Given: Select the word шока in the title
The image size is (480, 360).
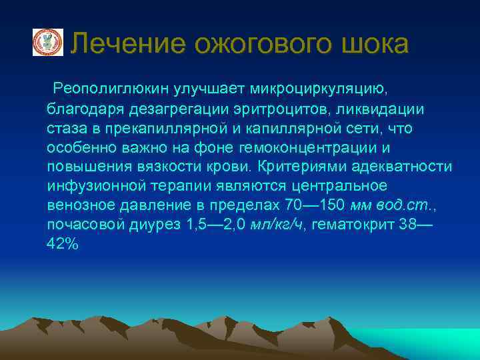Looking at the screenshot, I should tap(375, 44).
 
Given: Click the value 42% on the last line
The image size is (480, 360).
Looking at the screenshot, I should tap(63, 244).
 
